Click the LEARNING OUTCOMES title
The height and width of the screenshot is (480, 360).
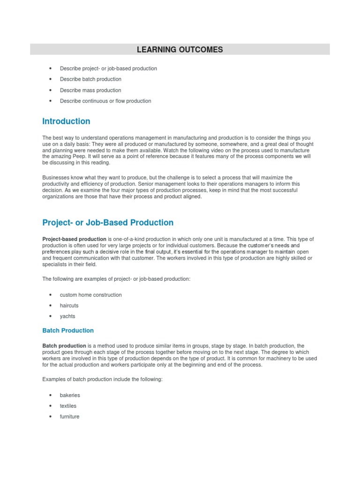coord(180,49)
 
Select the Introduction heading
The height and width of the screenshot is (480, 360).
coord(66,121)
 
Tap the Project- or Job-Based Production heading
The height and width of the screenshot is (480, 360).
coord(108,223)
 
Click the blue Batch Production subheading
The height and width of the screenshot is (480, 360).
coord(68,330)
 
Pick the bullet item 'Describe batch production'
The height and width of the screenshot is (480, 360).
coord(90,79)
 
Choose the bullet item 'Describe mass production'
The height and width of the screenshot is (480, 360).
coord(90,90)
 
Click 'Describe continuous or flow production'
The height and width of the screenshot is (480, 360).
coord(105,101)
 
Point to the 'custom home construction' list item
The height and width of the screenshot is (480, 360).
coord(90,295)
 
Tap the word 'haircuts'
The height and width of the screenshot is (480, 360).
coord(69,306)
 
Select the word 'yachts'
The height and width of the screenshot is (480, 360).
coord(67,316)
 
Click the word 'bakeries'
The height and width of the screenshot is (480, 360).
coord(70,395)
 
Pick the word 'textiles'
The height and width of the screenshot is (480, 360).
coord(68,406)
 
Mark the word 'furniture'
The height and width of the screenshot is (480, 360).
coord(69,417)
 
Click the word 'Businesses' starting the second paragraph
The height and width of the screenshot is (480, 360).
coord(55,178)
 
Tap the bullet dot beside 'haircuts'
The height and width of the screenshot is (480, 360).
coord(50,306)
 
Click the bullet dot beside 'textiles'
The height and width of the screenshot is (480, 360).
coord(50,406)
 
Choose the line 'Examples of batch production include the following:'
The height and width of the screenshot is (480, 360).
coord(102,379)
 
